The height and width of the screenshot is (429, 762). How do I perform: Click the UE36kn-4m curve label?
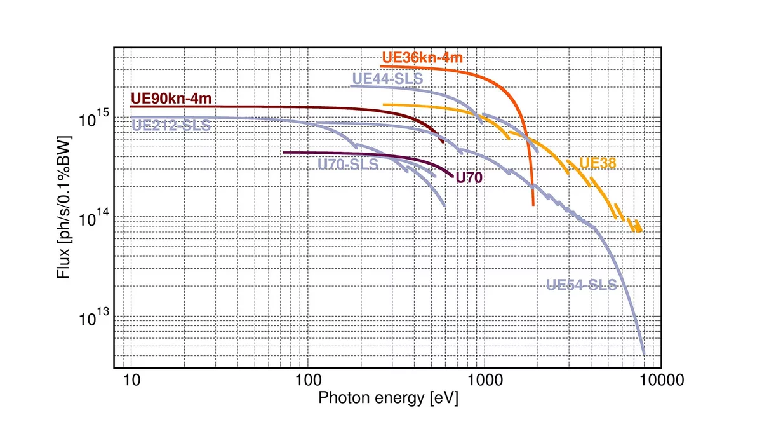coord(422,58)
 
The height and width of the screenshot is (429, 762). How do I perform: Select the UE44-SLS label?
coord(387,79)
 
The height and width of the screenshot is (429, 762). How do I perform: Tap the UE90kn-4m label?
coord(171,99)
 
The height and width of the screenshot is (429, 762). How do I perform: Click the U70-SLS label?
coord(348,164)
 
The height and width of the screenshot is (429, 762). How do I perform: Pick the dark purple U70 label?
coord(469,178)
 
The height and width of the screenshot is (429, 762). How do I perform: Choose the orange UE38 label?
coord(598,163)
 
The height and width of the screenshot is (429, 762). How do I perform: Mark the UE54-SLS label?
coord(582,285)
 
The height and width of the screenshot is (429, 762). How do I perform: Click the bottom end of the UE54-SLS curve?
coord(644,353)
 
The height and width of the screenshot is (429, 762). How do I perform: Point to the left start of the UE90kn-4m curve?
coord(131,107)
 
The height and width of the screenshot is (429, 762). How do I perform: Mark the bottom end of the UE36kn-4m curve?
coord(533,205)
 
